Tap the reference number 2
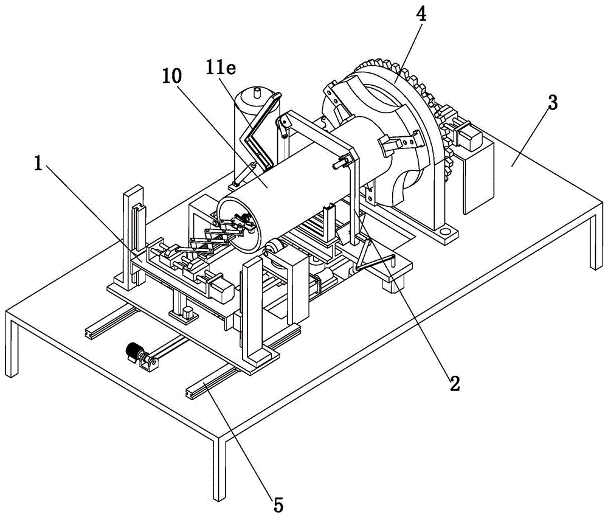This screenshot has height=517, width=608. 455,383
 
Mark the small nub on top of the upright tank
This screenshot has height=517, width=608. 257,92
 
